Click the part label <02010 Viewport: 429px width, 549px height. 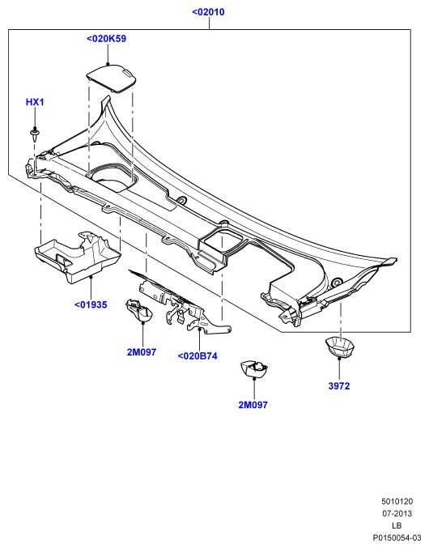[x=208, y=12]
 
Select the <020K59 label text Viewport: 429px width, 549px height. [x=106, y=39]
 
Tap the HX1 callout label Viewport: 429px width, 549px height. [x=35, y=102]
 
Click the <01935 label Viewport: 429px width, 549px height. [x=91, y=304]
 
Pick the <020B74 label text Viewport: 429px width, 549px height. [x=198, y=356]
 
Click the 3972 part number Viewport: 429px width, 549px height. [x=339, y=386]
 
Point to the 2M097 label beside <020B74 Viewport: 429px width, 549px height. [x=142, y=352]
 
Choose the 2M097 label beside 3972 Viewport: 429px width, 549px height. [x=253, y=405]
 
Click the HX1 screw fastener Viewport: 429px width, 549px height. [x=35, y=134]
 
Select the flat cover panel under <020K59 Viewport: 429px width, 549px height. [x=112, y=79]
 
